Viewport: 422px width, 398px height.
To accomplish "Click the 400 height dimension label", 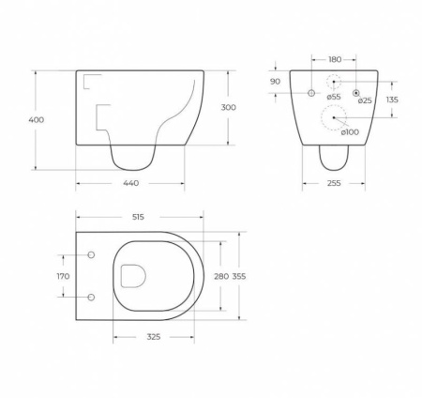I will pyautogui.click(x=37, y=120).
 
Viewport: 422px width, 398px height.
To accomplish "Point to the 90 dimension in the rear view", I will pyautogui.click(x=275, y=82).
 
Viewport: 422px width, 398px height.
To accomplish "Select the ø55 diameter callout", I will pyautogui.click(x=334, y=98).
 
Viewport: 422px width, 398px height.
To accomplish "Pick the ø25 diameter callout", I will pyautogui.click(x=365, y=100).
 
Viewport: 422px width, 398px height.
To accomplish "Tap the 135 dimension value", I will pyautogui.click(x=392, y=99).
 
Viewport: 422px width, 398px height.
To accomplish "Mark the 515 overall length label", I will pyautogui.click(x=140, y=218).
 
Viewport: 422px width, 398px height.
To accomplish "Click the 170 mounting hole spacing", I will pyautogui.click(x=63, y=276).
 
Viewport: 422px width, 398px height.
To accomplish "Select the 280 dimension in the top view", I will pyautogui.click(x=221, y=276).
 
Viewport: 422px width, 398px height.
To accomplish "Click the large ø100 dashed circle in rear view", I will pyautogui.click(x=334, y=117).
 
